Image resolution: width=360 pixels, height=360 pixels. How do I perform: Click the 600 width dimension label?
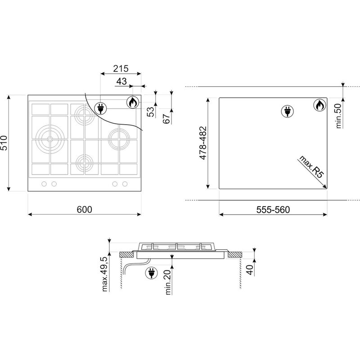[84, 209]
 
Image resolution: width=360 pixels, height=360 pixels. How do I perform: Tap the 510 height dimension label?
[4, 143]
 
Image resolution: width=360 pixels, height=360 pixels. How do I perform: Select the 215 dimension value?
[121, 68]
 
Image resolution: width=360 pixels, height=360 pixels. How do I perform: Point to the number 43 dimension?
[121, 81]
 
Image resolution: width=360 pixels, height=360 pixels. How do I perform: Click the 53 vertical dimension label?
[151, 112]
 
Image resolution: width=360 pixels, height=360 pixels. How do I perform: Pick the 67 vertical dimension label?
[166, 118]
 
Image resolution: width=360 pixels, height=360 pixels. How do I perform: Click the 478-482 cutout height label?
[203, 143]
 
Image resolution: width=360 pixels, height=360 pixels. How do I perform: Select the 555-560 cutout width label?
[273, 210]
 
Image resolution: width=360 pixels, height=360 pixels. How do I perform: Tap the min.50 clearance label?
[339, 116]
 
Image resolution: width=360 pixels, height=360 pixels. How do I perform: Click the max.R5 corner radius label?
[311, 166]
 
